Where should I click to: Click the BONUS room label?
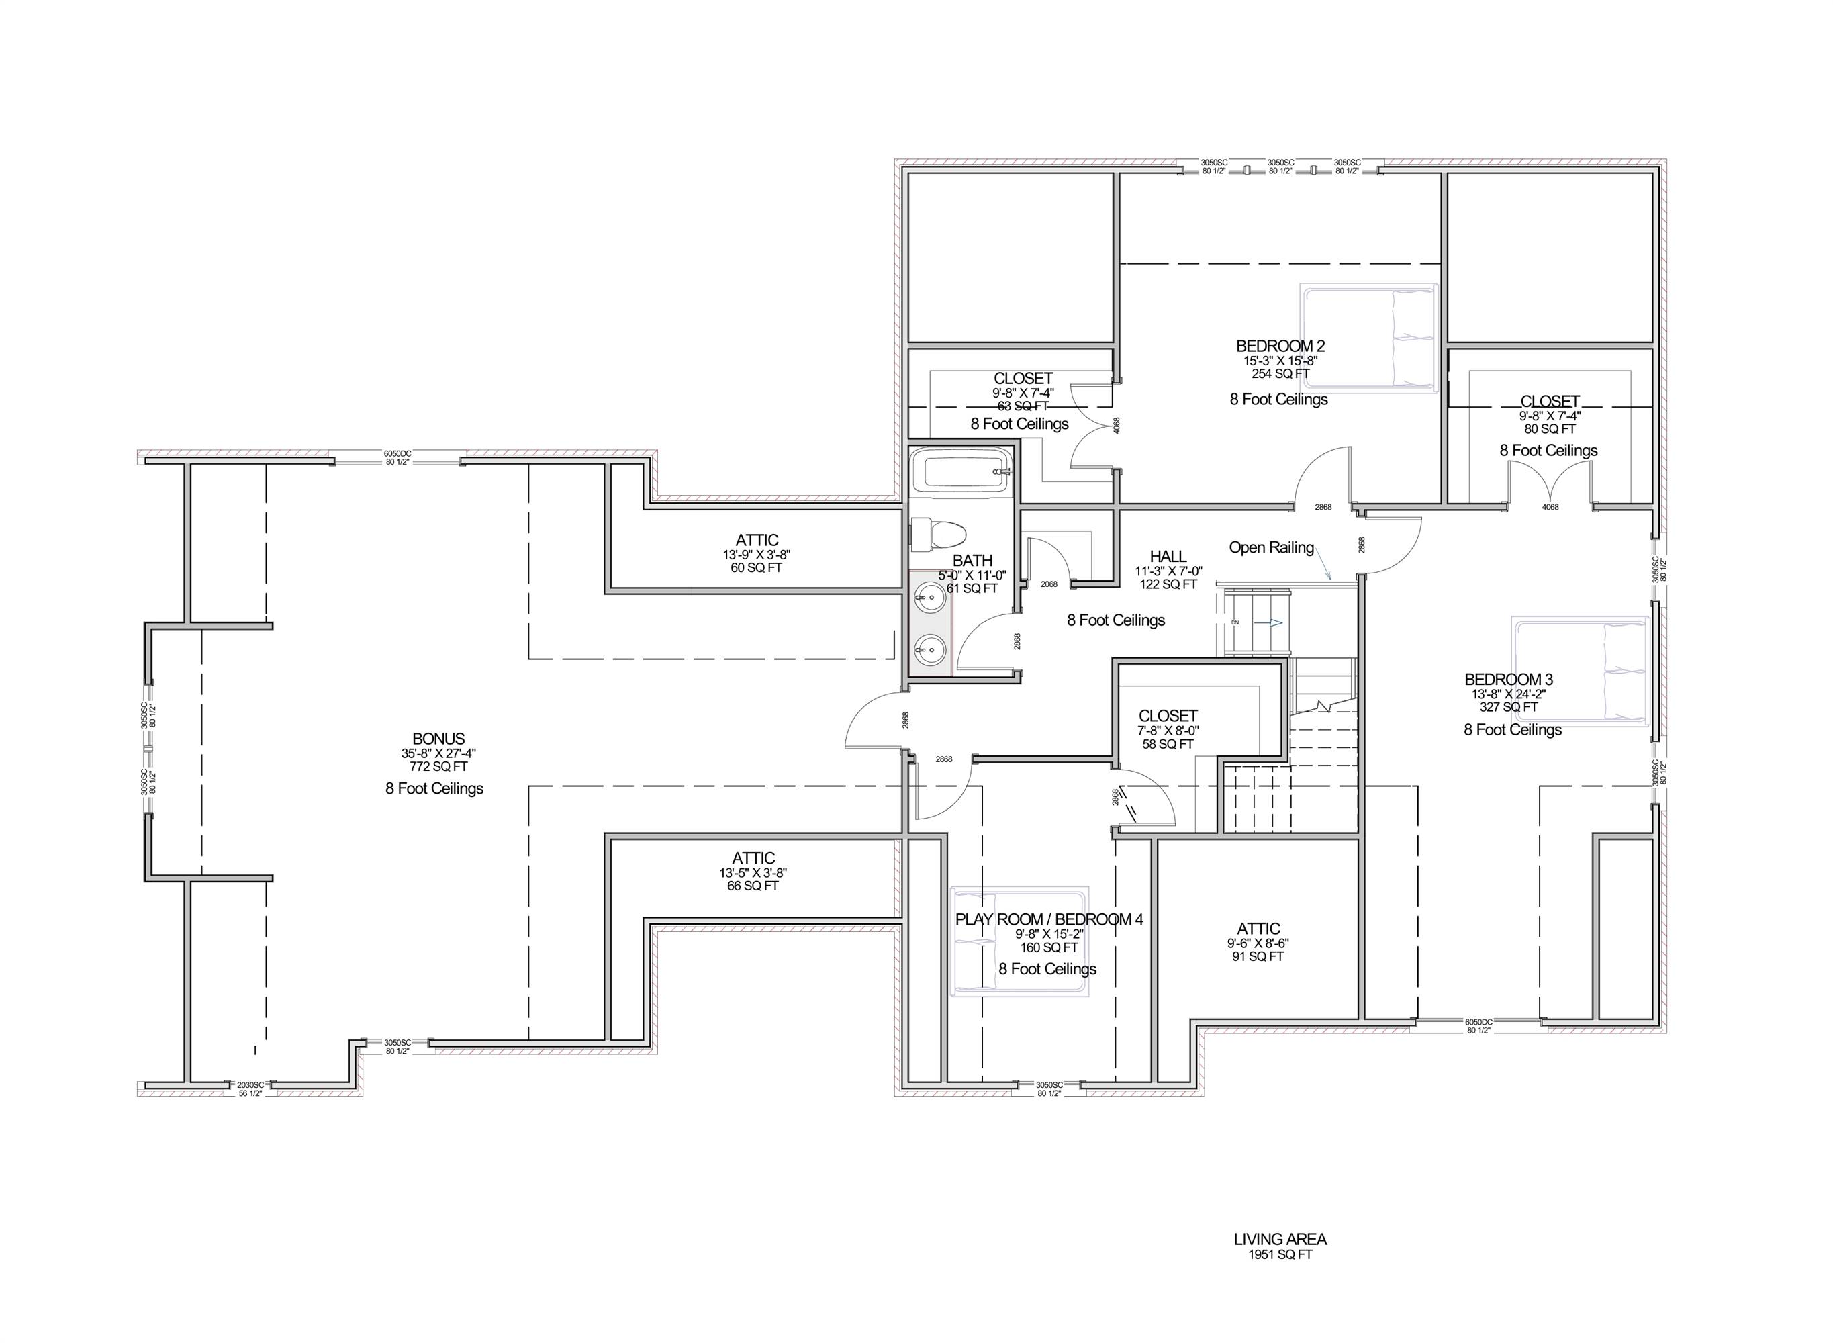click(x=438, y=739)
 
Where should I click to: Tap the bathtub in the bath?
click(x=960, y=471)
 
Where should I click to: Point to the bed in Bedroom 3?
click(x=1579, y=671)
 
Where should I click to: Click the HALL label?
click(x=1168, y=557)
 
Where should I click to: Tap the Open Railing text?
click(x=1270, y=548)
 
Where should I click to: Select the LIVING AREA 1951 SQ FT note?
click(x=1280, y=1247)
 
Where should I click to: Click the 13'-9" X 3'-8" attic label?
click(x=756, y=555)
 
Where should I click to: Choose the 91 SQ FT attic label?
click(x=1258, y=957)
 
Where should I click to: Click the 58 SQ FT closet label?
click(x=1167, y=744)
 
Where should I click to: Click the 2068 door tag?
click(x=1049, y=584)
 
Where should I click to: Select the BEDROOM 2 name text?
click(x=1280, y=346)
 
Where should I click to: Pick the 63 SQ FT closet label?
click(x=1023, y=406)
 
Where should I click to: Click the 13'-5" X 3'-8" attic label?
click(x=753, y=872)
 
